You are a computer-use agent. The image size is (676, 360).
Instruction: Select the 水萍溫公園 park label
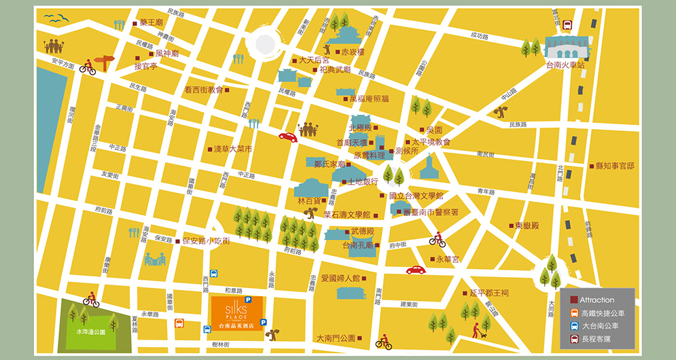(91, 332)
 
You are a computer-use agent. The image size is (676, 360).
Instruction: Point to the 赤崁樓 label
(353, 52)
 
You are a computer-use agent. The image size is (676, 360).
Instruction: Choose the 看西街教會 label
(203, 90)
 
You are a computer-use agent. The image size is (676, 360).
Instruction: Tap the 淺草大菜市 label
(233, 149)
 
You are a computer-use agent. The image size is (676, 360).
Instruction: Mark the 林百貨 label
(308, 201)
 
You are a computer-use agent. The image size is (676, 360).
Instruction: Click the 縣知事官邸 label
(616, 166)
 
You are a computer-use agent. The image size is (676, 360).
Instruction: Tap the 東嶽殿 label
(527, 226)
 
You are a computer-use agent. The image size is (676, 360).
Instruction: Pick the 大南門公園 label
(336, 338)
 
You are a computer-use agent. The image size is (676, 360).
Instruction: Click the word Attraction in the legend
(597, 300)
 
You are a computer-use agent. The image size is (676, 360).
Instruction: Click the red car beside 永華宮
(415, 270)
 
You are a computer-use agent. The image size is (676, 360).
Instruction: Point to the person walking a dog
(478, 330)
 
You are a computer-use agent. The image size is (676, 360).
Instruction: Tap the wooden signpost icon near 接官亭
(104, 62)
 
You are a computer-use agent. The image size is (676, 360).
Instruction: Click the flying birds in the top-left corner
(57, 19)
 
